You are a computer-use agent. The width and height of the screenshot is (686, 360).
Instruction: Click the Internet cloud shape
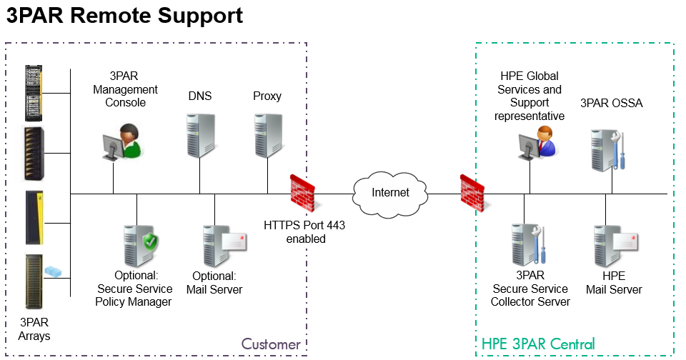click(390, 193)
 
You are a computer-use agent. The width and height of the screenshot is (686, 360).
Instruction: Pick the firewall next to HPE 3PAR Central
click(471, 191)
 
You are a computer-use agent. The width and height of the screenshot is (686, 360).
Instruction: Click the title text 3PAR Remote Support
click(124, 16)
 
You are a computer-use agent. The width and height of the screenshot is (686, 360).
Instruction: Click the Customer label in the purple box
click(271, 344)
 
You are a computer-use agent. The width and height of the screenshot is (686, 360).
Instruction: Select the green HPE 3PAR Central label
click(538, 344)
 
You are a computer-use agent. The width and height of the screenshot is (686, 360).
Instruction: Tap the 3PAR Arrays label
click(36, 329)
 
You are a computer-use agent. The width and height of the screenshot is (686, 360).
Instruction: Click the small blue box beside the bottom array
click(54, 271)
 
